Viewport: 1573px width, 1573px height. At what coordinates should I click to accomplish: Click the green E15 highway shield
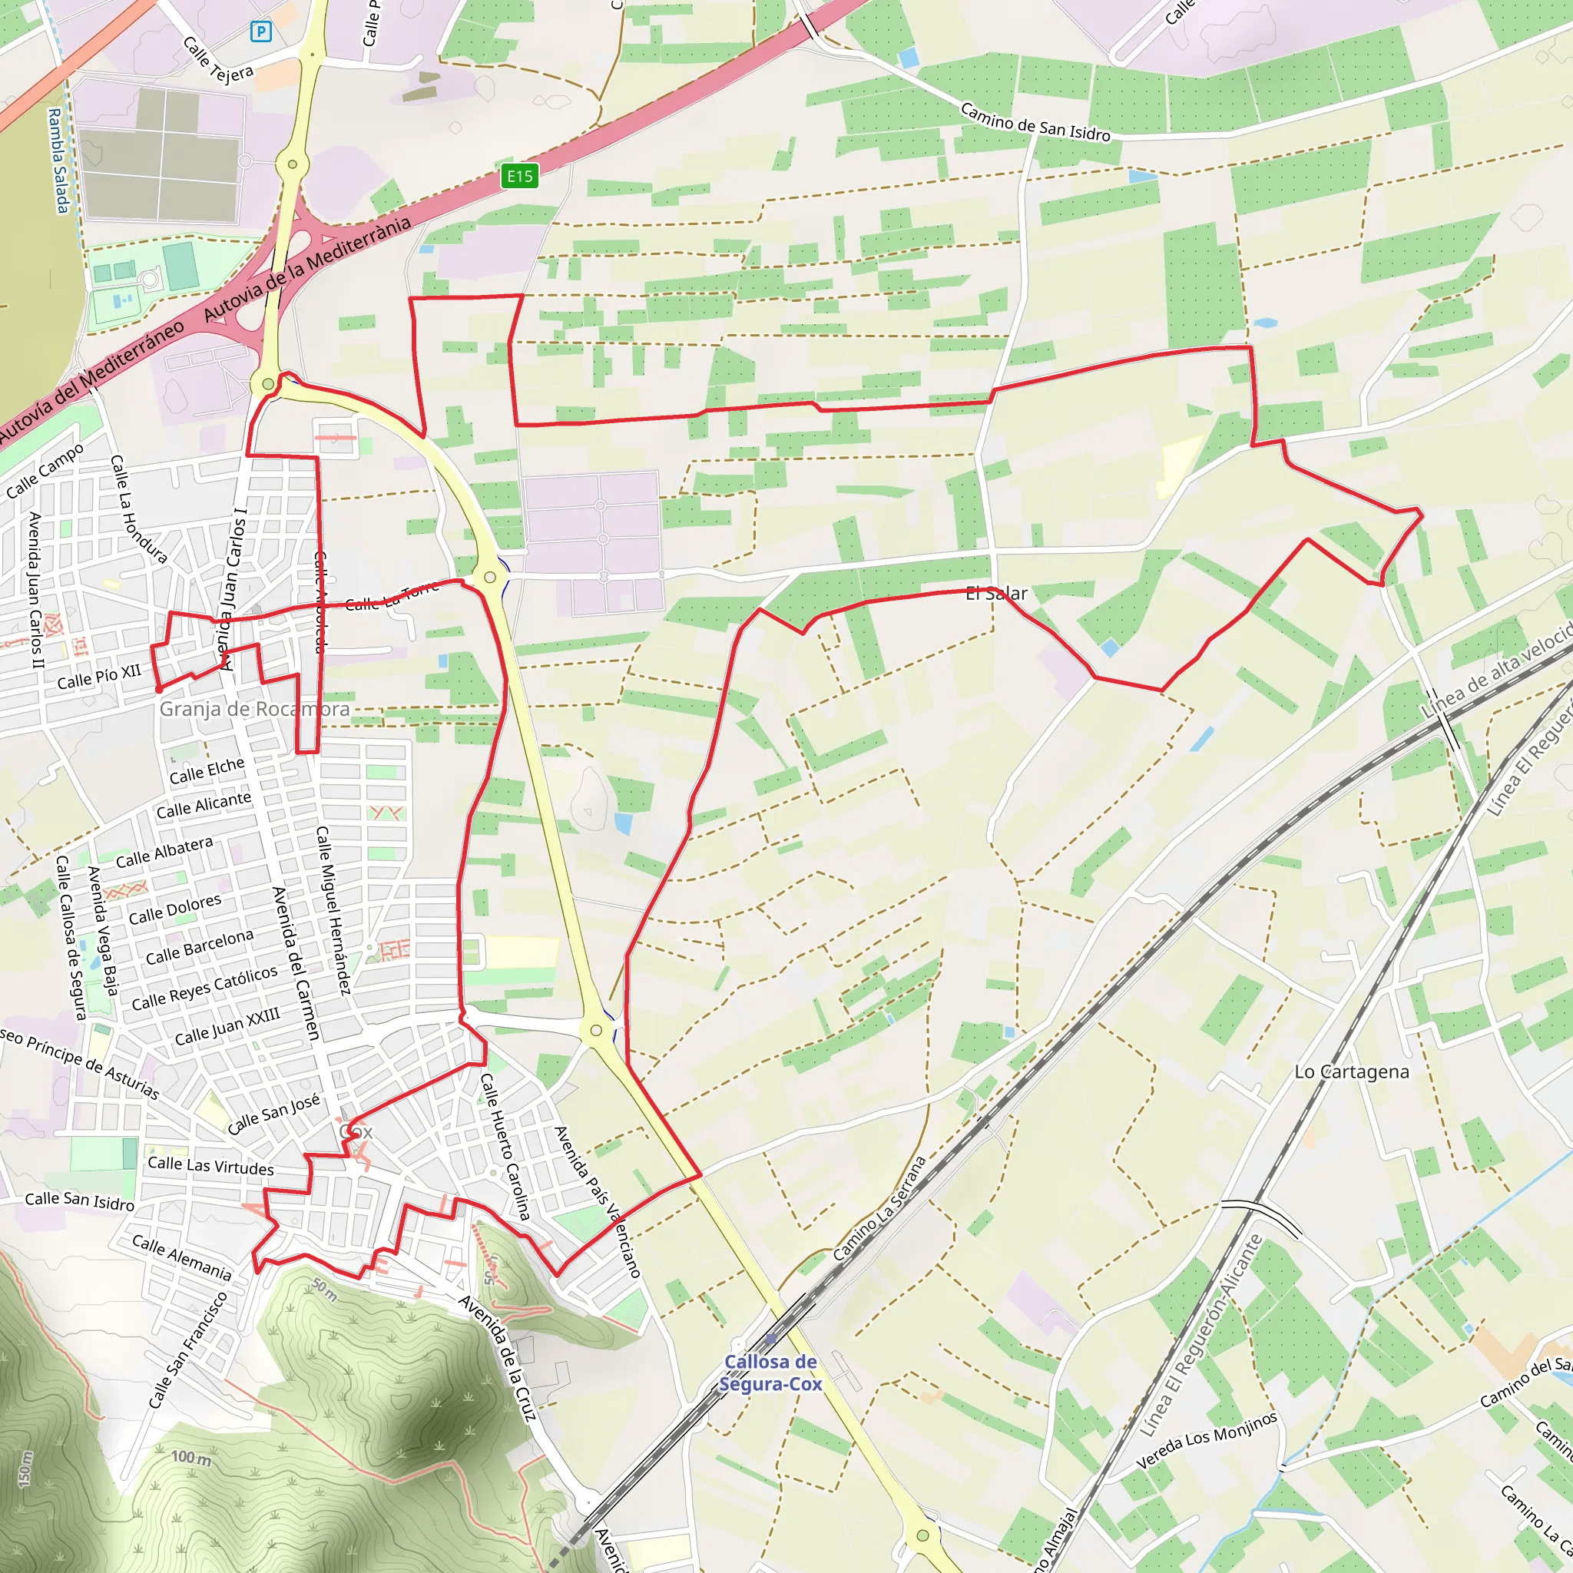click(519, 176)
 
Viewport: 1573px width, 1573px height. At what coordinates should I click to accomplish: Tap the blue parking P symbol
click(260, 31)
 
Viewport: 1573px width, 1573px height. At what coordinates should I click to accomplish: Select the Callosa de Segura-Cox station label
click(770, 1373)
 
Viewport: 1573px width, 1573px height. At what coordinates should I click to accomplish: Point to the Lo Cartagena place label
click(1352, 1071)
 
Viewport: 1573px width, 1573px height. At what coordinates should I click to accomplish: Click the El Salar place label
click(995, 594)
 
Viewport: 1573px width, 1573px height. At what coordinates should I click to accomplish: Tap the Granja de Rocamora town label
click(254, 708)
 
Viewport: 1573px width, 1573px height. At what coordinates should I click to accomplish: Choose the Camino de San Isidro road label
click(1035, 122)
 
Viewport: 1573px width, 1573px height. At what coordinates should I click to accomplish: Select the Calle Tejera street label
click(217, 60)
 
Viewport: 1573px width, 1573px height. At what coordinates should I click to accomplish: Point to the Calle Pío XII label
click(98, 677)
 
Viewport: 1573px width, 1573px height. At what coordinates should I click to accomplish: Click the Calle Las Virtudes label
click(211, 1166)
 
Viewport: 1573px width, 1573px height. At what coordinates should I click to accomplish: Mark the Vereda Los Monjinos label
click(1207, 1440)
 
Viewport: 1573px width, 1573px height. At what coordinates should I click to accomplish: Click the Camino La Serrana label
click(879, 1208)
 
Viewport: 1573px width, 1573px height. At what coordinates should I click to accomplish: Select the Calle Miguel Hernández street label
click(333, 910)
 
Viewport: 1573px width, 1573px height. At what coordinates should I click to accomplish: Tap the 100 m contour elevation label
click(190, 1456)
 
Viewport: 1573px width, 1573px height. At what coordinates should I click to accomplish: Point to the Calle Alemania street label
click(181, 1257)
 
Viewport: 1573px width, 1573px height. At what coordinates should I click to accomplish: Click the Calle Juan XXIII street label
click(227, 1026)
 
